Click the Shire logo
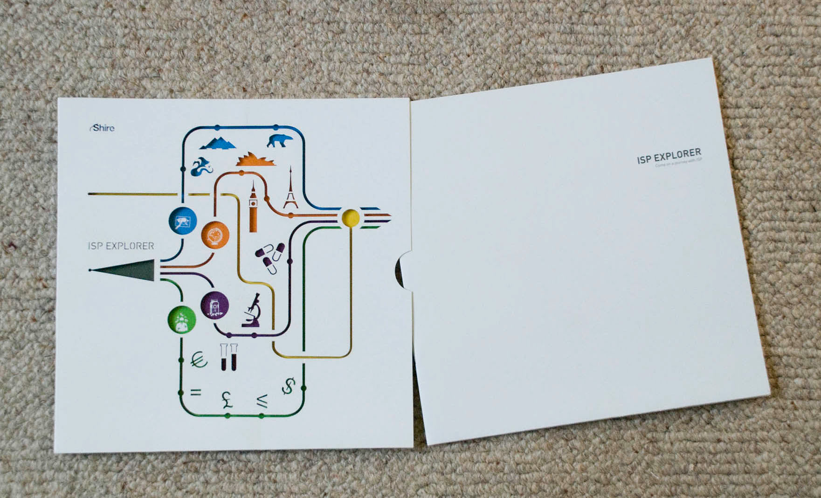coord(102,128)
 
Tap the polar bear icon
coord(280,140)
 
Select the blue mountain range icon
coord(219,143)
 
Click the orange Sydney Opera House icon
coord(255,159)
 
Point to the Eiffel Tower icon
coord(290,189)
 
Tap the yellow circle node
coord(351,217)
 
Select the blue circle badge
coord(183,221)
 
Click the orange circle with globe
coord(215,235)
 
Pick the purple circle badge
coord(215,305)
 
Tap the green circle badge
coord(181,319)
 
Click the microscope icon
coord(252,310)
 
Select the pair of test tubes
coord(228,357)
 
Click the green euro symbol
coord(200,360)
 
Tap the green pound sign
coord(227,400)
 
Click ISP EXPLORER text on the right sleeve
coord(669,156)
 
